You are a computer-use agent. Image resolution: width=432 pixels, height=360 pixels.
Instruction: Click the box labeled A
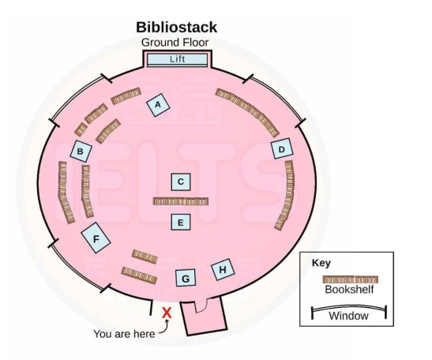click(158, 104)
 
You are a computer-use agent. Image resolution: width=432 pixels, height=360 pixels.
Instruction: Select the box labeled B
click(81, 151)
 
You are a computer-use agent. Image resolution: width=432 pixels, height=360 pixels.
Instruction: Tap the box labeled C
click(181, 182)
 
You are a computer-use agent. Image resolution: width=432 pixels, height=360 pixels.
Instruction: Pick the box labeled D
click(280, 149)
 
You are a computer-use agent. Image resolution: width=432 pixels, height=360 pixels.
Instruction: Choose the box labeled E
click(181, 222)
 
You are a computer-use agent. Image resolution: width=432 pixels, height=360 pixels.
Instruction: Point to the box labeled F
click(96, 237)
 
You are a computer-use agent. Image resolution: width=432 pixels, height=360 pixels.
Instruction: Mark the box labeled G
click(186, 278)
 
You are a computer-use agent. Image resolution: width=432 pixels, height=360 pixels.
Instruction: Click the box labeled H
click(224, 270)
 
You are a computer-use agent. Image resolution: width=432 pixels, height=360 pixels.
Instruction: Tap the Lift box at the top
click(177, 59)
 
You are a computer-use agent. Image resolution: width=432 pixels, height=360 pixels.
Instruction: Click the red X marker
click(167, 313)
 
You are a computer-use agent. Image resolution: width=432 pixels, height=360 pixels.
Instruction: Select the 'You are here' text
click(124, 334)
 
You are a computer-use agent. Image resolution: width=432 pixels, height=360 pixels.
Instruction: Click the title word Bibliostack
click(176, 28)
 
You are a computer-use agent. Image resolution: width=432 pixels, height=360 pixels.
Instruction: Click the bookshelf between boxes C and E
click(181, 201)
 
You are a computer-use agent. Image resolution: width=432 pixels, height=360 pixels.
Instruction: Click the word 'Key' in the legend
click(321, 263)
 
